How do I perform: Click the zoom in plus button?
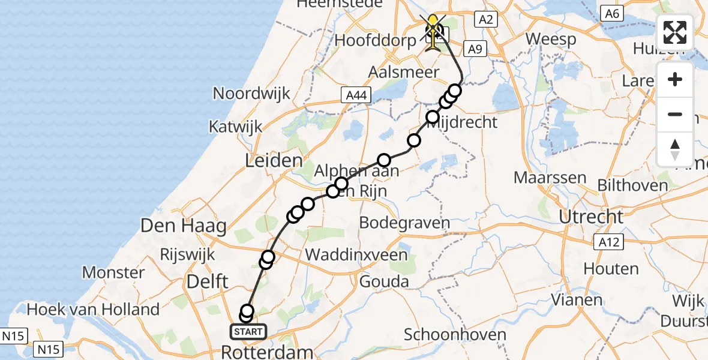click(x=675, y=79)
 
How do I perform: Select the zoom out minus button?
click(x=675, y=114)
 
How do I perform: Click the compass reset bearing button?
click(x=675, y=149)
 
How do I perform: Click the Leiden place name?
click(x=273, y=161)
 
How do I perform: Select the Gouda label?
click(x=384, y=281)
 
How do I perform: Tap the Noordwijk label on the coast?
click(x=252, y=94)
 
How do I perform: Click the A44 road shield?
click(x=356, y=95)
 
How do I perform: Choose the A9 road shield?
click(x=475, y=49)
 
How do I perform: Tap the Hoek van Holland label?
click(x=93, y=310)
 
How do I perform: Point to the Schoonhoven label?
click(x=454, y=334)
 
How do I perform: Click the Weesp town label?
click(x=550, y=40)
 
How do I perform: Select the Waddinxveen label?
click(x=356, y=254)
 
